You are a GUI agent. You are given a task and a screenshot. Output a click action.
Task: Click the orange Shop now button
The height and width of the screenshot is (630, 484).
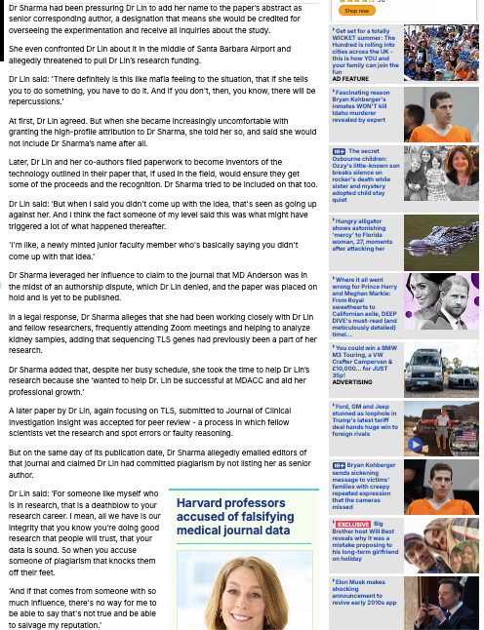click(356, 11)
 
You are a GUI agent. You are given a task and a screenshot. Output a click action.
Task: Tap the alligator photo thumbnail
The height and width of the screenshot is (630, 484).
click(441, 243)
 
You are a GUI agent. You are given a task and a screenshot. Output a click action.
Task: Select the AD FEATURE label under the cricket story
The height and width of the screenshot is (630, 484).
click(350, 79)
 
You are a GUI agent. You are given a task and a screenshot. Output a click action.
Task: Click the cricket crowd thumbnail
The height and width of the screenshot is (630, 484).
click(441, 53)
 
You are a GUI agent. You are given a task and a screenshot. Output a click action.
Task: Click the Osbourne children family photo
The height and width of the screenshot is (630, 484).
click(441, 174)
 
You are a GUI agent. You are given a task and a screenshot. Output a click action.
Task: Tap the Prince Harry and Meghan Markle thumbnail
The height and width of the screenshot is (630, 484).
click(441, 301)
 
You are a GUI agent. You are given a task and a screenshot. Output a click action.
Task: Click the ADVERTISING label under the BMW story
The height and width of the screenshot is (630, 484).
click(351, 382)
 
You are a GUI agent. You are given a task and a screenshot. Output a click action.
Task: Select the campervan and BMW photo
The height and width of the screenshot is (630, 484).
click(441, 370)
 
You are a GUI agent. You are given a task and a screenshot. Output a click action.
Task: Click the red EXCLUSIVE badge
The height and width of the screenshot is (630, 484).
click(352, 525)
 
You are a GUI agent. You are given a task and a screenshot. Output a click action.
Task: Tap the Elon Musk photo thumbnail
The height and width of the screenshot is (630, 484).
click(441, 603)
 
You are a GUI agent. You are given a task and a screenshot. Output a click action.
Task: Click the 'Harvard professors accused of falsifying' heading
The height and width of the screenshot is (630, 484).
click(233, 517)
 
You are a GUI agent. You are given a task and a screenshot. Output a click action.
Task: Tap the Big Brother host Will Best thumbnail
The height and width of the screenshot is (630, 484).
click(441, 545)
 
